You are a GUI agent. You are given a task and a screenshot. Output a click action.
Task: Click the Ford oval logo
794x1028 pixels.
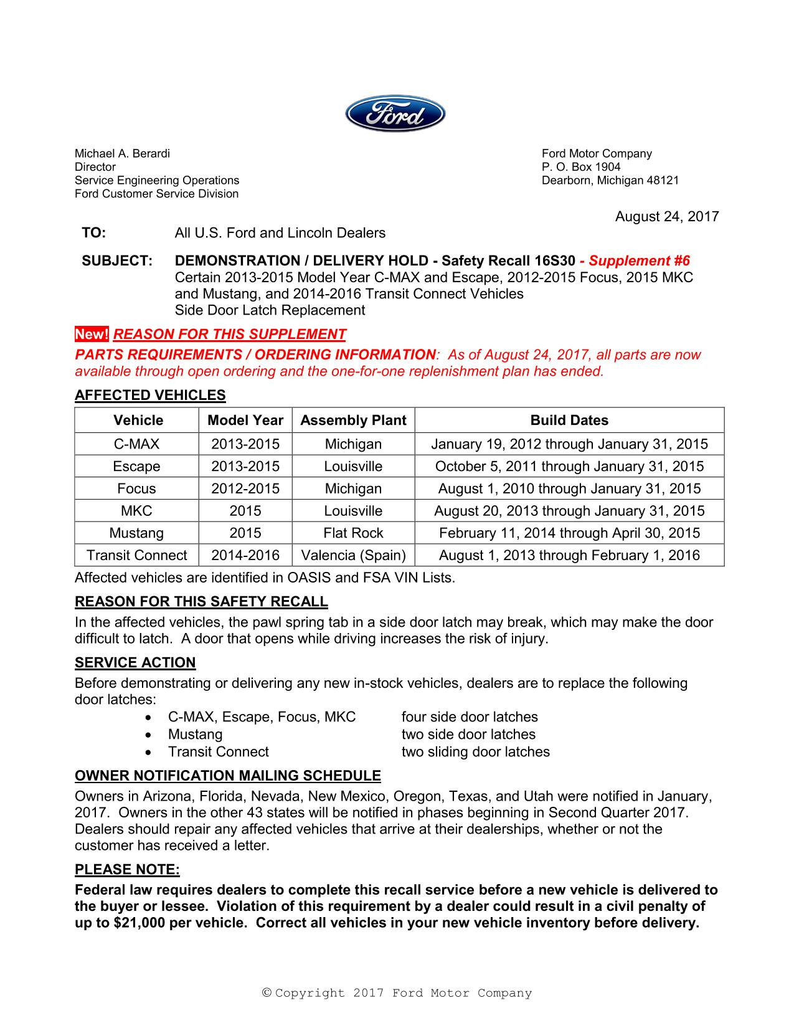tap(395, 114)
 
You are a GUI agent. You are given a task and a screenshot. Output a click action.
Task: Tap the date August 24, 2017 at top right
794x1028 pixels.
tap(666, 217)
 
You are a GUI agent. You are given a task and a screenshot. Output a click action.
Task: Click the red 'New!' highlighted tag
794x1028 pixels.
tap(92, 335)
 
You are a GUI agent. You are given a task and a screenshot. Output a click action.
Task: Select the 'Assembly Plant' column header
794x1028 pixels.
tap(353, 421)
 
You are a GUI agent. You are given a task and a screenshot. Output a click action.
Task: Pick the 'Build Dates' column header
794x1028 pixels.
tap(569, 421)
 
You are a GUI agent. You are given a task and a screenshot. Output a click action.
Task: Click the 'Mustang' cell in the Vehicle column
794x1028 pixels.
tap(136, 533)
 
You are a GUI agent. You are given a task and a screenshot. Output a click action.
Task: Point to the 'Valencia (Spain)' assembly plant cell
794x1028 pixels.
tap(353, 555)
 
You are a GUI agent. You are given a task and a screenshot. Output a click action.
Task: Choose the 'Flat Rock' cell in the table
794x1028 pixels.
tap(353, 533)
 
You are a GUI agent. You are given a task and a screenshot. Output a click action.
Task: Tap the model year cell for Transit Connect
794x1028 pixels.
tap(245, 555)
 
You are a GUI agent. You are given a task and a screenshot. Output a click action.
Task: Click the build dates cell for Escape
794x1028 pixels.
tap(569, 467)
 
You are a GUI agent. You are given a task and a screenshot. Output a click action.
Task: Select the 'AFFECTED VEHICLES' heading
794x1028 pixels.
tap(150, 396)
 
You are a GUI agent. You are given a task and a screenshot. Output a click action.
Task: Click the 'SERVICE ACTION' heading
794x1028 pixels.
tap(135, 663)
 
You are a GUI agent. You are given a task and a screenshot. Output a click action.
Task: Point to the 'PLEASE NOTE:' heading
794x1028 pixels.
tap(127, 870)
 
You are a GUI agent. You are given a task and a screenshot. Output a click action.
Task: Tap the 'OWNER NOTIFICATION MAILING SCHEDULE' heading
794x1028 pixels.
tap(227, 776)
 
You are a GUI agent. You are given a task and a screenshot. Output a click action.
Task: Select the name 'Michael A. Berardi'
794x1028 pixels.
tap(122, 154)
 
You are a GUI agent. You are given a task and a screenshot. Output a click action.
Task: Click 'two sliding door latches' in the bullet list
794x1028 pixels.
tap(475, 752)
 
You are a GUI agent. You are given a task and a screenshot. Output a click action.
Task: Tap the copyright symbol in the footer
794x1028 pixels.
tap(267, 993)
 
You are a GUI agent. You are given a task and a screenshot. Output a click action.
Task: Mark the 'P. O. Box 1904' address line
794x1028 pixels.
tap(580, 167)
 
